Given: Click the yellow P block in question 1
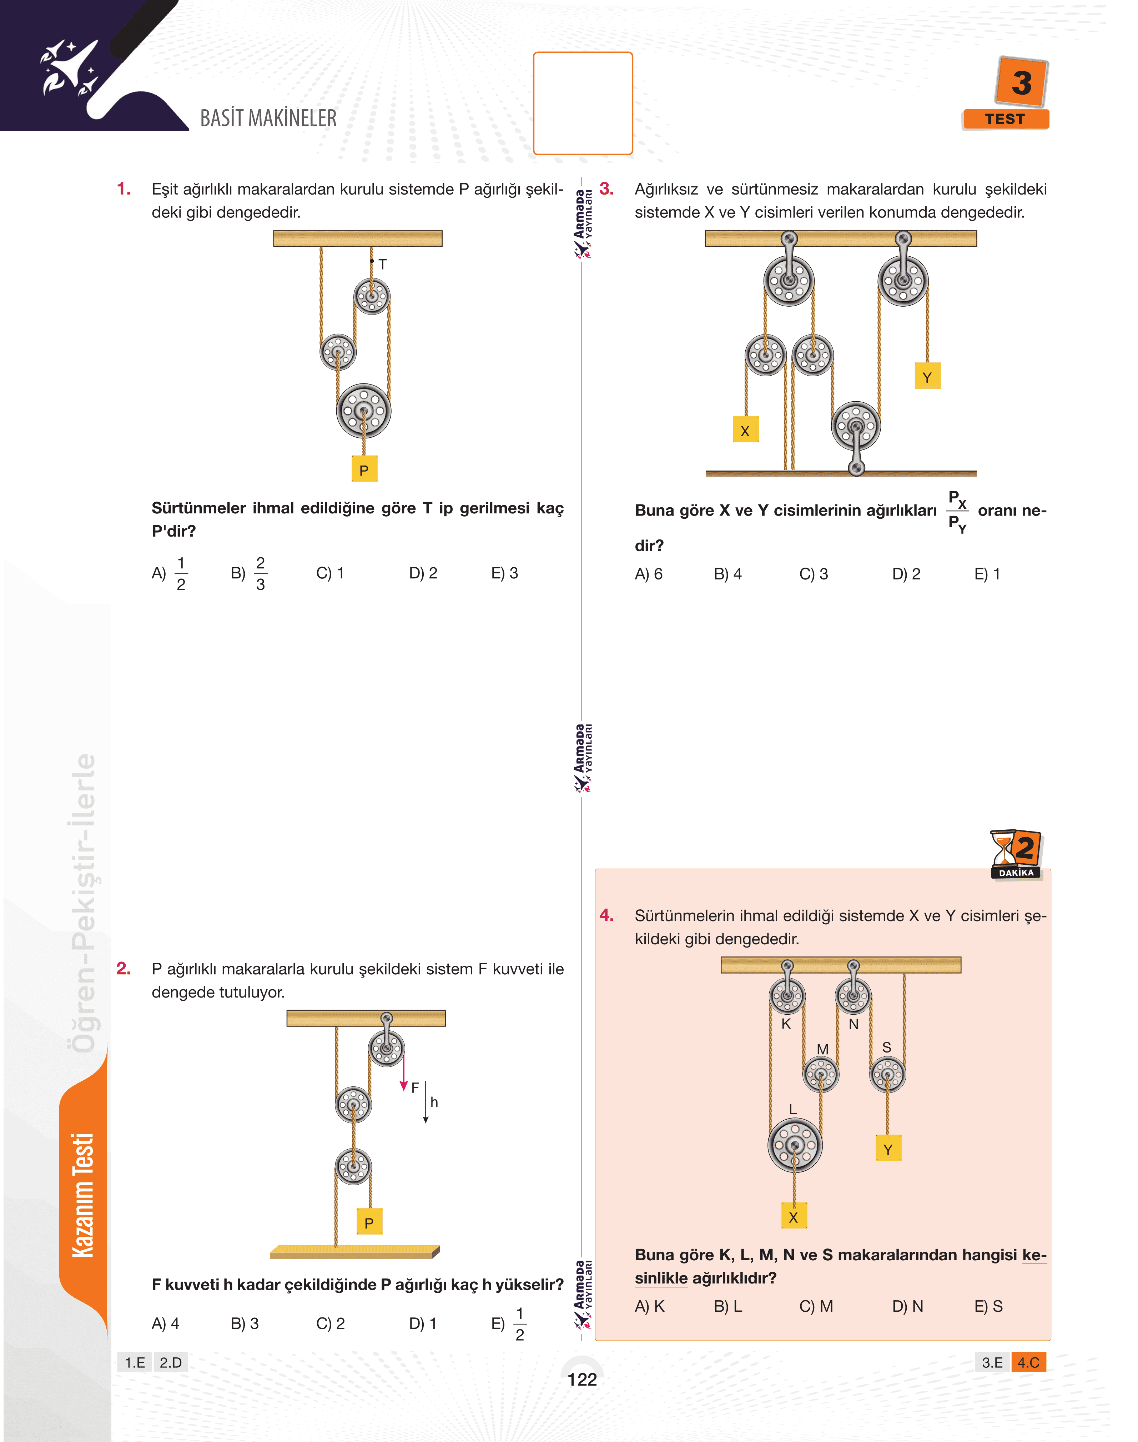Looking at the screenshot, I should pos(364,469).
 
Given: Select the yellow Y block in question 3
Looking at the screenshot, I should pos(927,377).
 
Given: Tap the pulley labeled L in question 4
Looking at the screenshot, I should pos(795,1145).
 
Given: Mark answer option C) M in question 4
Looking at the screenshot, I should pos(816,1306).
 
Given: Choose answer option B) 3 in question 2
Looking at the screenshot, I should pos(245,1323).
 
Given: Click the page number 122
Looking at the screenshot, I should pos(582,1380).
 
